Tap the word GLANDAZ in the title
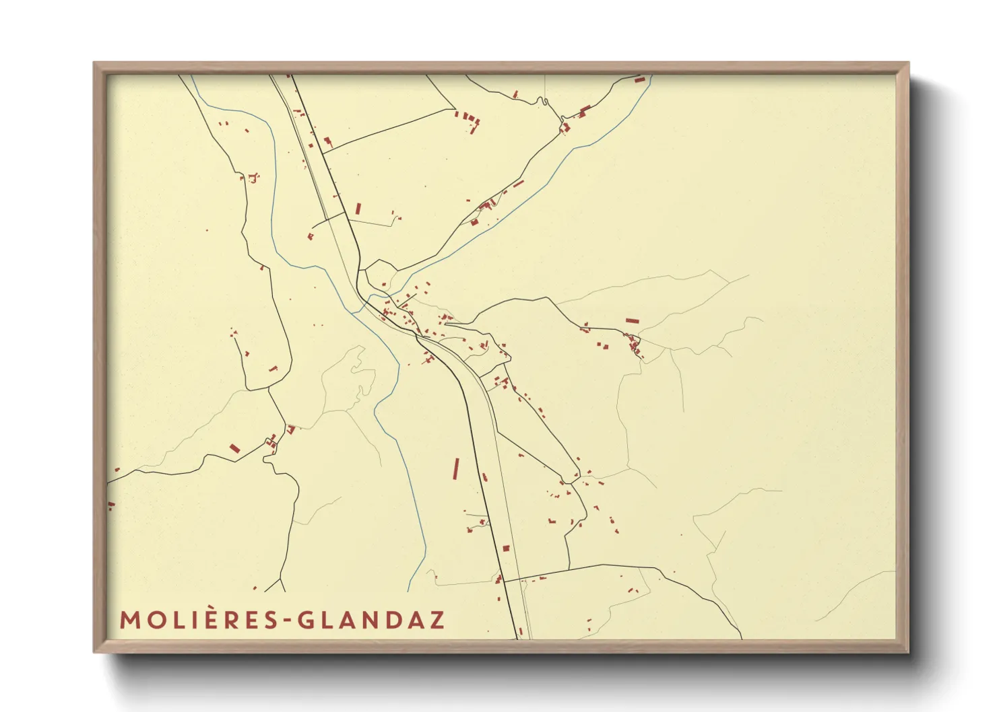pyautogui.click(x=371, y=620)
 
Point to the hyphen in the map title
pyautogui.click(x=288, y=620)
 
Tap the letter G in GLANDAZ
pyautogui.click(x=307, y=620)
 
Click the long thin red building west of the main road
pyautogui.click(x=455, y=469)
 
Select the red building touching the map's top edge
pyautogui.click(x=639, y=79)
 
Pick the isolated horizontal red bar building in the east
pyautogui.click(x=631, y=320)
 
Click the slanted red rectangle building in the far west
pyautogui.click(x=234, y=448)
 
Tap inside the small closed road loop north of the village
pyautogui.click(x=379, y=276)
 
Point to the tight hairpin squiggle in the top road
pyautogui.click(x=540, y=102)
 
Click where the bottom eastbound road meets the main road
pyautogui.click(x=504, y=581)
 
